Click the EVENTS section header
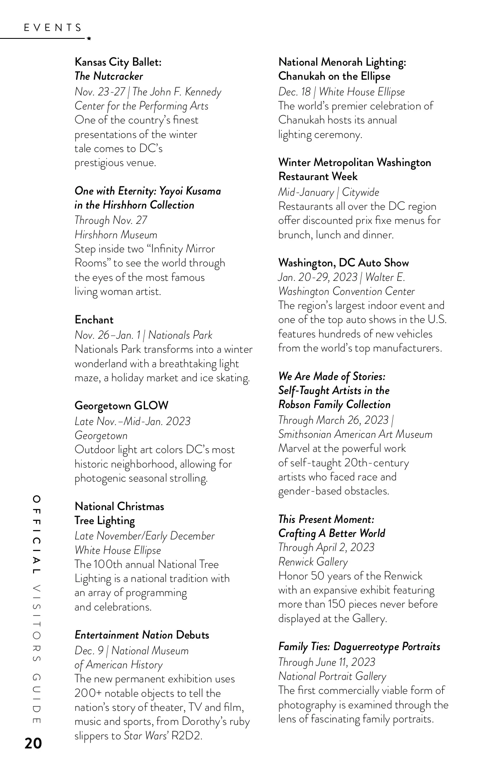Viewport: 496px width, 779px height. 52,28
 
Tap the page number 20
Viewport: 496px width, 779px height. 33,743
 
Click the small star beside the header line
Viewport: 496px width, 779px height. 89,38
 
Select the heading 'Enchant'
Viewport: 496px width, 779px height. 94,320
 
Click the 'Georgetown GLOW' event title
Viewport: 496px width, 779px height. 121,406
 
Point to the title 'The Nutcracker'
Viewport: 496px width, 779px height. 109,76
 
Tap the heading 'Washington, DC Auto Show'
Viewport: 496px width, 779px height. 343,263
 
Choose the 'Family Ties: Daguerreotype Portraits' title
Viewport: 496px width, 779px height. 359,646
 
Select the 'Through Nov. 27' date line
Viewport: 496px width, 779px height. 111,220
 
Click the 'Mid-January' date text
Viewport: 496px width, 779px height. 306,192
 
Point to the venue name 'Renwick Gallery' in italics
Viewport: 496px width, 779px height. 313,562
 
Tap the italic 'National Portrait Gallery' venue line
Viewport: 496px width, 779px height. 332,676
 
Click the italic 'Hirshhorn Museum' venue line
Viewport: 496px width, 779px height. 116,235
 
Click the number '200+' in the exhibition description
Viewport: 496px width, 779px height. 86,693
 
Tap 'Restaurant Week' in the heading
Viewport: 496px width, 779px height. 317,176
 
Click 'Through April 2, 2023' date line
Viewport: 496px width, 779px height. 326,547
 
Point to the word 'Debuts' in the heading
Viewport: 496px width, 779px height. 192,635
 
